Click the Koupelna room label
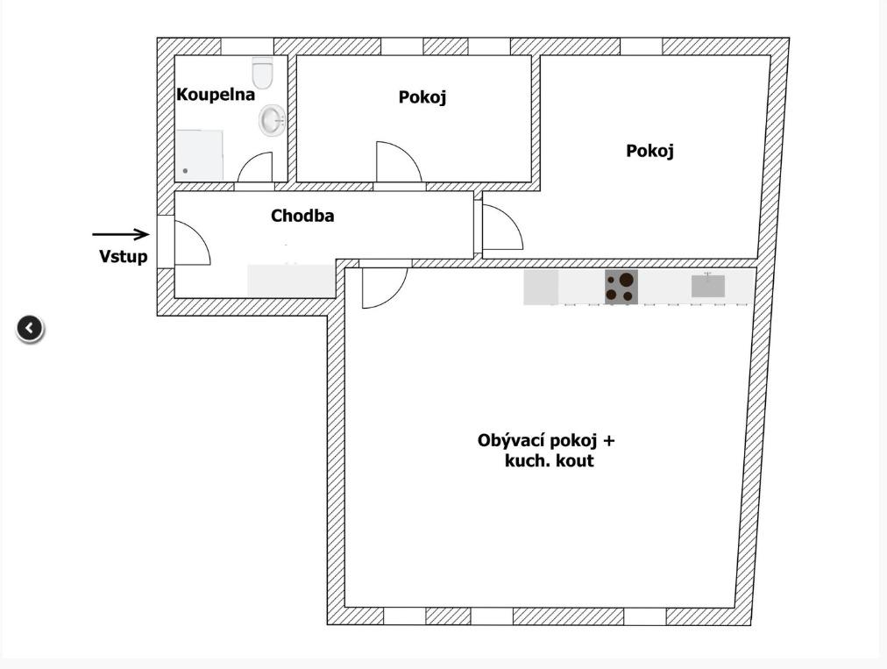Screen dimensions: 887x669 coord(216,94)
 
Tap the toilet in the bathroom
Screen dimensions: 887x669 coord(262,73)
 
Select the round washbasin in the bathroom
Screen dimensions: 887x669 coord(273,120)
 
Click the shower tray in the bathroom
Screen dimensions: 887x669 coord(199,155)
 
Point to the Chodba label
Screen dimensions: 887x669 coord(302,216)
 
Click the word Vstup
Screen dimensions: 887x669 coord(124,256)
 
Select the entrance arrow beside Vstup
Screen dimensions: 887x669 coord(121,234)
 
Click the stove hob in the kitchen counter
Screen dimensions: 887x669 coord(621,287)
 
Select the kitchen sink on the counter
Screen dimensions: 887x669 coord(707,286)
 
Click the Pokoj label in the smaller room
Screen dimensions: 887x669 coord(422,96)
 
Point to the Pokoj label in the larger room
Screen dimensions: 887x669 coord(649,151)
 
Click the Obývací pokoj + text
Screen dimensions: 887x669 coord(546,440)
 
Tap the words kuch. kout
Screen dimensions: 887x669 coord(550,460)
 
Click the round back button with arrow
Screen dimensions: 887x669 coord(30,328)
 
